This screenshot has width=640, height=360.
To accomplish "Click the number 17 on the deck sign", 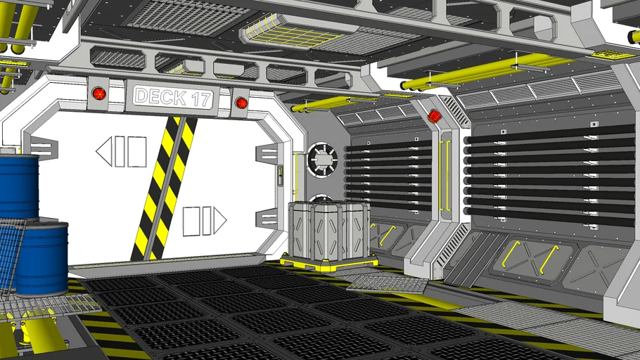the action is (x=202, y=99).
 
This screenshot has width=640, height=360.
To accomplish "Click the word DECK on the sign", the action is (x=160, y=96).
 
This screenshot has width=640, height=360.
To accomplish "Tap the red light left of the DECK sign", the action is (x=98, y=94).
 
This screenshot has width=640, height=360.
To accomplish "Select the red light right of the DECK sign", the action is (x=241, y=103).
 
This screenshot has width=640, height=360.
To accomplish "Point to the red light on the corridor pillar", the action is (x=435, y=116).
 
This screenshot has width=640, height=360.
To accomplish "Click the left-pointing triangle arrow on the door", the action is (x=103, y=151).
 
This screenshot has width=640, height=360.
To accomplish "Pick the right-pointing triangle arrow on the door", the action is (x=219, y=221).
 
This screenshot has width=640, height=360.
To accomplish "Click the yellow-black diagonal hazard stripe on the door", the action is (x=164, y=188).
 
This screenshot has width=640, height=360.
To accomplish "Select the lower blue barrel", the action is (x=41, y=257).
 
